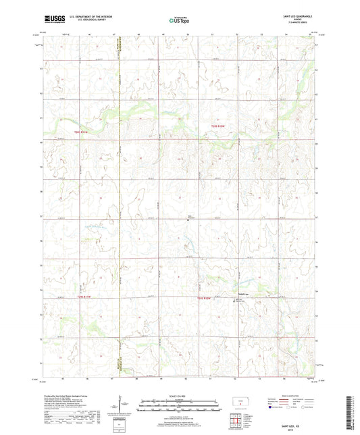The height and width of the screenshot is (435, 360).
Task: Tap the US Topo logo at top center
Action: tap(179, 21)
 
